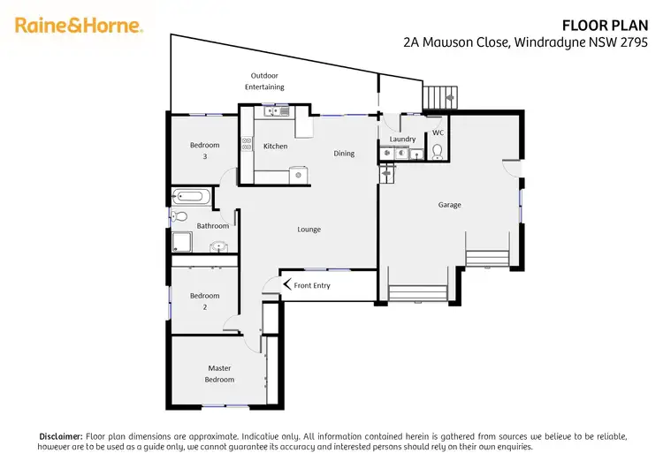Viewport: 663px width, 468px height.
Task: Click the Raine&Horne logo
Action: click(x=79, y=25)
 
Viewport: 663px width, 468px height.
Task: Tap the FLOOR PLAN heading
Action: click(x=611, y=26)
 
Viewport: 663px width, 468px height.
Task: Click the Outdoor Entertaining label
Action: click(x=265, y=81)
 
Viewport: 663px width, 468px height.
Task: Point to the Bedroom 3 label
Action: click(x=205, y=150)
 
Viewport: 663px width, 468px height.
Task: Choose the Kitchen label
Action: click(x=276, y=146)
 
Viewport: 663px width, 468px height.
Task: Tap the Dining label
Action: click(x=344, y=154)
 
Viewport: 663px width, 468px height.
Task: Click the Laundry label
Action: click(x=402, y=140)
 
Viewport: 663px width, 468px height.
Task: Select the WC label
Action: click(x=437, y=133)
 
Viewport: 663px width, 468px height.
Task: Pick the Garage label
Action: click(x=449, y=205)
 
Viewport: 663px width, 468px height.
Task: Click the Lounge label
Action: click(x=309, y=230)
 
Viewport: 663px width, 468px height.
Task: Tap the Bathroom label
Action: click(x=213, y=226)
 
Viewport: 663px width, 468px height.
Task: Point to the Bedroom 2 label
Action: click(x=205, y=302)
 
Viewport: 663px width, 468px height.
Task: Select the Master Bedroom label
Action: click(x=220, y=374)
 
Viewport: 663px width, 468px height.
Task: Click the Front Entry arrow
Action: click(x=286, y=284)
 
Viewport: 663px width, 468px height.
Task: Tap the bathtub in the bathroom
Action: click(x=191, y=197)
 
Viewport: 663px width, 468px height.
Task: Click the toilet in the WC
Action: click(x=436, y=150)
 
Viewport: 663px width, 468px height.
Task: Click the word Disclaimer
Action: click(x=60, y=436)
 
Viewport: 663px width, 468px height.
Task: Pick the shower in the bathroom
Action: click(x=181, y=241)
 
